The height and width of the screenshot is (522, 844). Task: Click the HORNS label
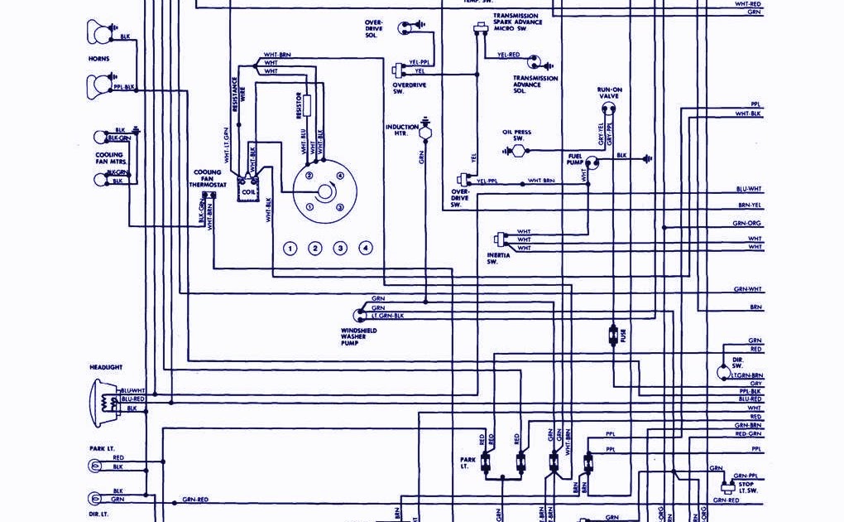click(x=98, y=59)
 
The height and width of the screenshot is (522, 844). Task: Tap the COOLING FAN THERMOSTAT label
click(x=207, y=178)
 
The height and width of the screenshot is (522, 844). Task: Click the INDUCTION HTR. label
click(x=401, y=129)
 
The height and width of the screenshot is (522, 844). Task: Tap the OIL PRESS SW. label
click(x=516, y=135)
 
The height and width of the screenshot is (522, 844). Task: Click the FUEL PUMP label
click(x=575, y=158)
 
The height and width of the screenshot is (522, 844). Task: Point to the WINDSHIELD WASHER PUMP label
click(x=358, y=336)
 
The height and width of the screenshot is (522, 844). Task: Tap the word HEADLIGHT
click(x=106, y=366)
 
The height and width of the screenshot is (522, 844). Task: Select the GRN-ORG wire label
click(x=746, y=223)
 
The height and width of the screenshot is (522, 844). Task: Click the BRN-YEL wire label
click(x=750, y=205)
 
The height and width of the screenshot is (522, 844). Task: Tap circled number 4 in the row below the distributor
click(x=365, y=249)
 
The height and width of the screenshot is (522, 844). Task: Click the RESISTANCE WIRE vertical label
click(x=234, y=94)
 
